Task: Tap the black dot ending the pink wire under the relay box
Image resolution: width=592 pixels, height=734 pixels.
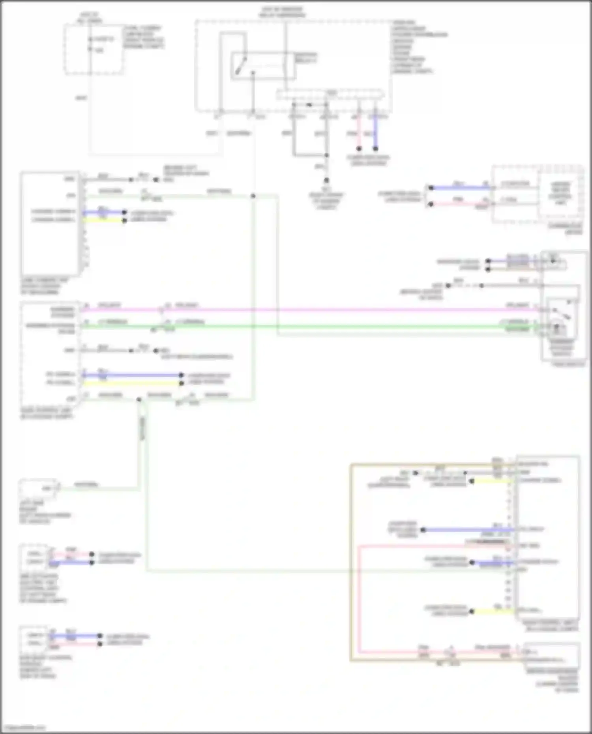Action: [359, 149]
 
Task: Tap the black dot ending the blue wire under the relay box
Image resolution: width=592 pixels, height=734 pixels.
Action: [375, 149]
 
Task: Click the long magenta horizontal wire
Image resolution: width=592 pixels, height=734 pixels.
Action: [316, 310]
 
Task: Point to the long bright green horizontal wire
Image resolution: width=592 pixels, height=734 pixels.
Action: [316, 326]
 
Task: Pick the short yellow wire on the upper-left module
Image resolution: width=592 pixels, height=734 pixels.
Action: [103, 220]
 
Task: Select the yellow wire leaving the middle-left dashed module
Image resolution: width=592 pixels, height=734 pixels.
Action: [130, 383]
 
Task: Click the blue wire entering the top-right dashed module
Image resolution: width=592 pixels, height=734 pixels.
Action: [460, 188]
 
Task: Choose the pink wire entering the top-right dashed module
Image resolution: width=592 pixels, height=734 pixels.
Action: [460, 204]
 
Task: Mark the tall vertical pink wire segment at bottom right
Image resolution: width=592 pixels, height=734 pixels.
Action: [360, 600]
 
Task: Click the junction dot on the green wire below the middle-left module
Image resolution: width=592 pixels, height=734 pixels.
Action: [139, 400]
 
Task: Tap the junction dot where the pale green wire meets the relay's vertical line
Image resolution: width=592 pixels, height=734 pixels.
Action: [253, 196]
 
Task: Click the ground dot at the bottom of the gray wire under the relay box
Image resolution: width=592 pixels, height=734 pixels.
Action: [326, 180]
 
